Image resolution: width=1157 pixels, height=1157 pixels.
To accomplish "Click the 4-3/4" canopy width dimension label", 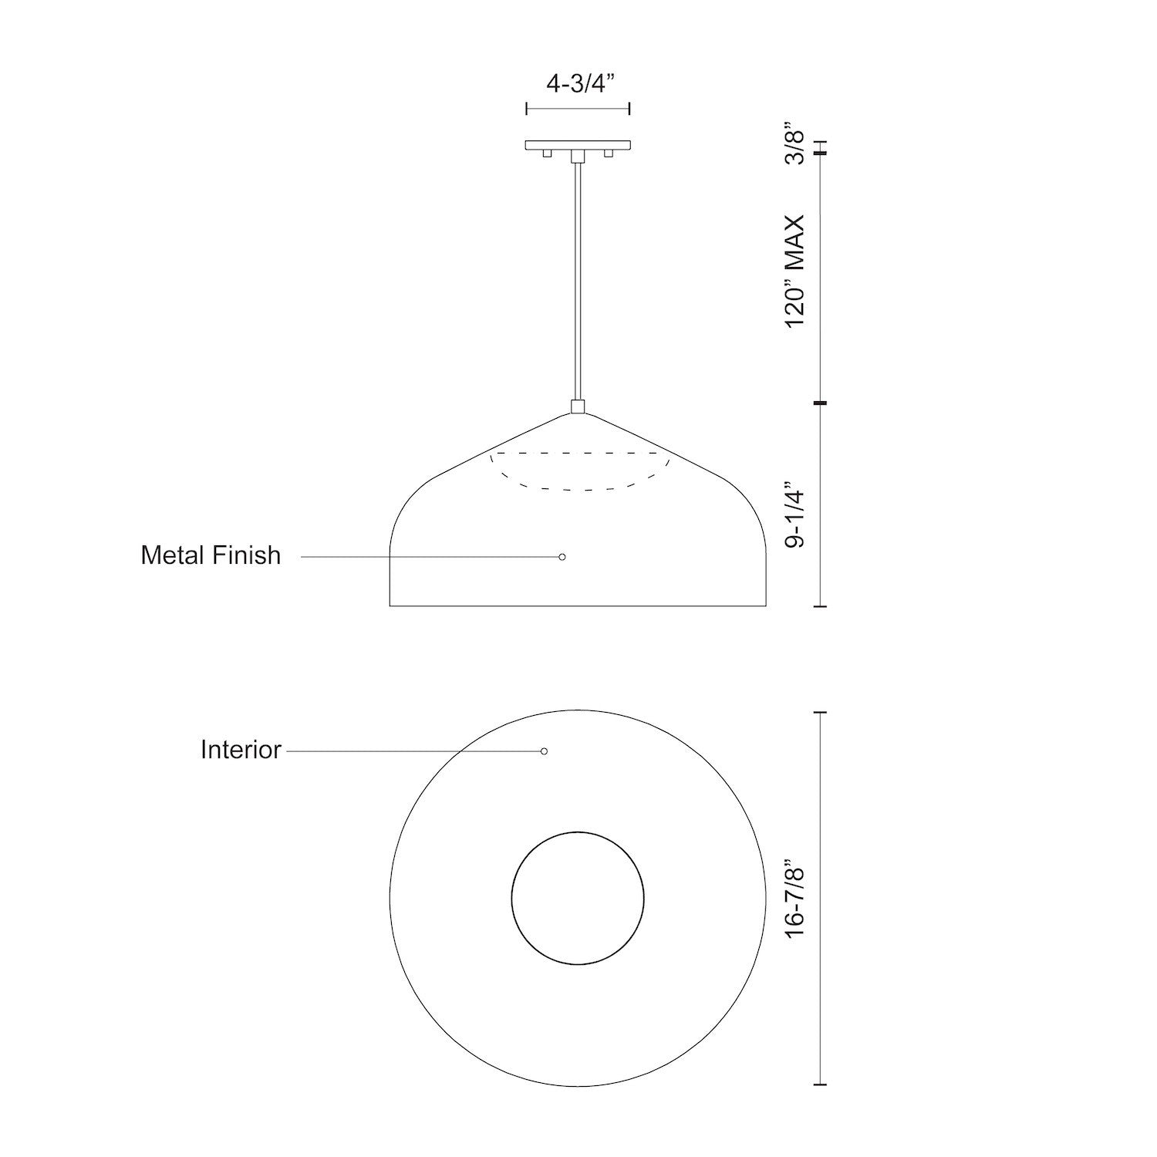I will point(578,83).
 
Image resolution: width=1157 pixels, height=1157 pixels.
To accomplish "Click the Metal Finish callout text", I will point(211,555).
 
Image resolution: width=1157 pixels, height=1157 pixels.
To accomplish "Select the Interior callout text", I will point(241,750).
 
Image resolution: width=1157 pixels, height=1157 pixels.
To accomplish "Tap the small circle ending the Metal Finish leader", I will point(562,556).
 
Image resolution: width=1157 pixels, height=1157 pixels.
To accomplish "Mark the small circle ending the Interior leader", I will point(544,751).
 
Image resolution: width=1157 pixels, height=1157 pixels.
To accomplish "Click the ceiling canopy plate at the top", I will point(578,145).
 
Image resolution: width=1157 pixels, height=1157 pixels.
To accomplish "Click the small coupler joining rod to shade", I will point(578,406).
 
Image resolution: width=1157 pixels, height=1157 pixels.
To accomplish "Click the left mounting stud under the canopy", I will point(547,154).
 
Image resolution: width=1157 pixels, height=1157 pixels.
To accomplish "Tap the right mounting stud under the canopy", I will point(609,154).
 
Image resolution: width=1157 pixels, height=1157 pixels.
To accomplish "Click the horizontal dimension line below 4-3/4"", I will point(578,109).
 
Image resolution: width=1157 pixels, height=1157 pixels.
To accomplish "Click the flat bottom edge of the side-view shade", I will point(578,606).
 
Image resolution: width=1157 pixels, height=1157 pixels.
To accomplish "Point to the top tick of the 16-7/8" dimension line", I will point(820,713).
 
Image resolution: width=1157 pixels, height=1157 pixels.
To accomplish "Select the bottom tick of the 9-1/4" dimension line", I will point(820,606).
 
